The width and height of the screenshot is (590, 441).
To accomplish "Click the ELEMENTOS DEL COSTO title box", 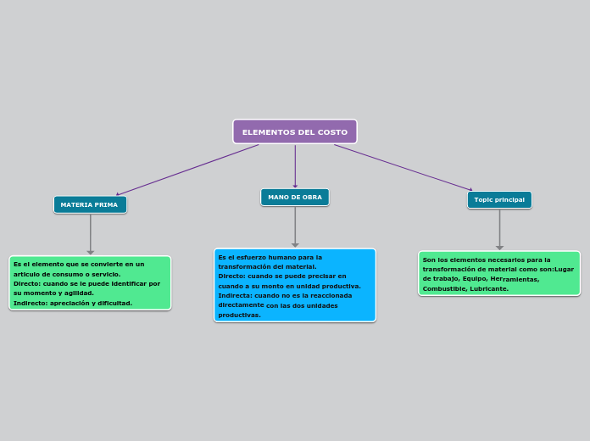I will coord(294,131).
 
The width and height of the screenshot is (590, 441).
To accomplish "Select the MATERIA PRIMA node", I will coord(90,204).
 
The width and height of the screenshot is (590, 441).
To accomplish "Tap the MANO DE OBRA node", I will coord(294,197).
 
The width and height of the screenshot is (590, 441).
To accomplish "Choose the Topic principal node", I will coord(499,199).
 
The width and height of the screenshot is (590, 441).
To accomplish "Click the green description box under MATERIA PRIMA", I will coord(90,282).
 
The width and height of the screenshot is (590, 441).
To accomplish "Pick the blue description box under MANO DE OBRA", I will coord(294,285).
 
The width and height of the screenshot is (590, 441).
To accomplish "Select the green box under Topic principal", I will coord(499,273).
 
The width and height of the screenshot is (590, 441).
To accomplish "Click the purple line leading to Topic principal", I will coord(403,167).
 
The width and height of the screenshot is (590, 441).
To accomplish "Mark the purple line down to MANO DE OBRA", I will coord(295,165).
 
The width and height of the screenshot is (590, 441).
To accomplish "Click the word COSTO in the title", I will coord(332,132).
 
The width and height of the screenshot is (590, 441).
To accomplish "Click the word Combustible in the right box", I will coord(442,288).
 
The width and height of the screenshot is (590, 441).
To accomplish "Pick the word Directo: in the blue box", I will coord(231,276).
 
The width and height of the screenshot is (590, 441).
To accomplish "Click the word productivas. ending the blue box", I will coord(239,315).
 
